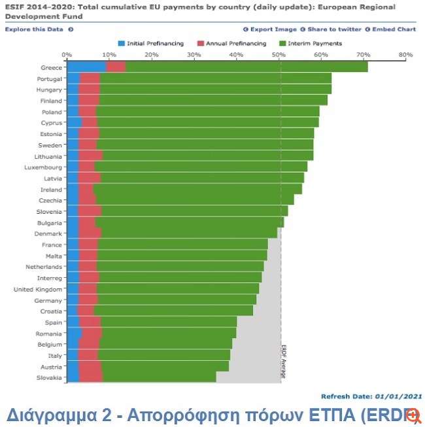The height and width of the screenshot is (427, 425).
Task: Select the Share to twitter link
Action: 333,29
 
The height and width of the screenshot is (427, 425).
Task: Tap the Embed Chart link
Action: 392,29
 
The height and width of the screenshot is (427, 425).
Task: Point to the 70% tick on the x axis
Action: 363,55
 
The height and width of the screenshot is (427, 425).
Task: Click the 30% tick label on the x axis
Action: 194,55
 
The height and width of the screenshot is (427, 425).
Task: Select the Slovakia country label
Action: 49,377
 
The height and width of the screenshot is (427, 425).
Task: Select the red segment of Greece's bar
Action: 115,67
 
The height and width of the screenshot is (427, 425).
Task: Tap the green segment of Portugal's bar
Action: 216,78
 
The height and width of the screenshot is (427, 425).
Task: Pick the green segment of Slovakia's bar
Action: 159,377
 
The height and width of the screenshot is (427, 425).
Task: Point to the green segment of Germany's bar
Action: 177,300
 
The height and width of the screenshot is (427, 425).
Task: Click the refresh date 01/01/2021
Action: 398,396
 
